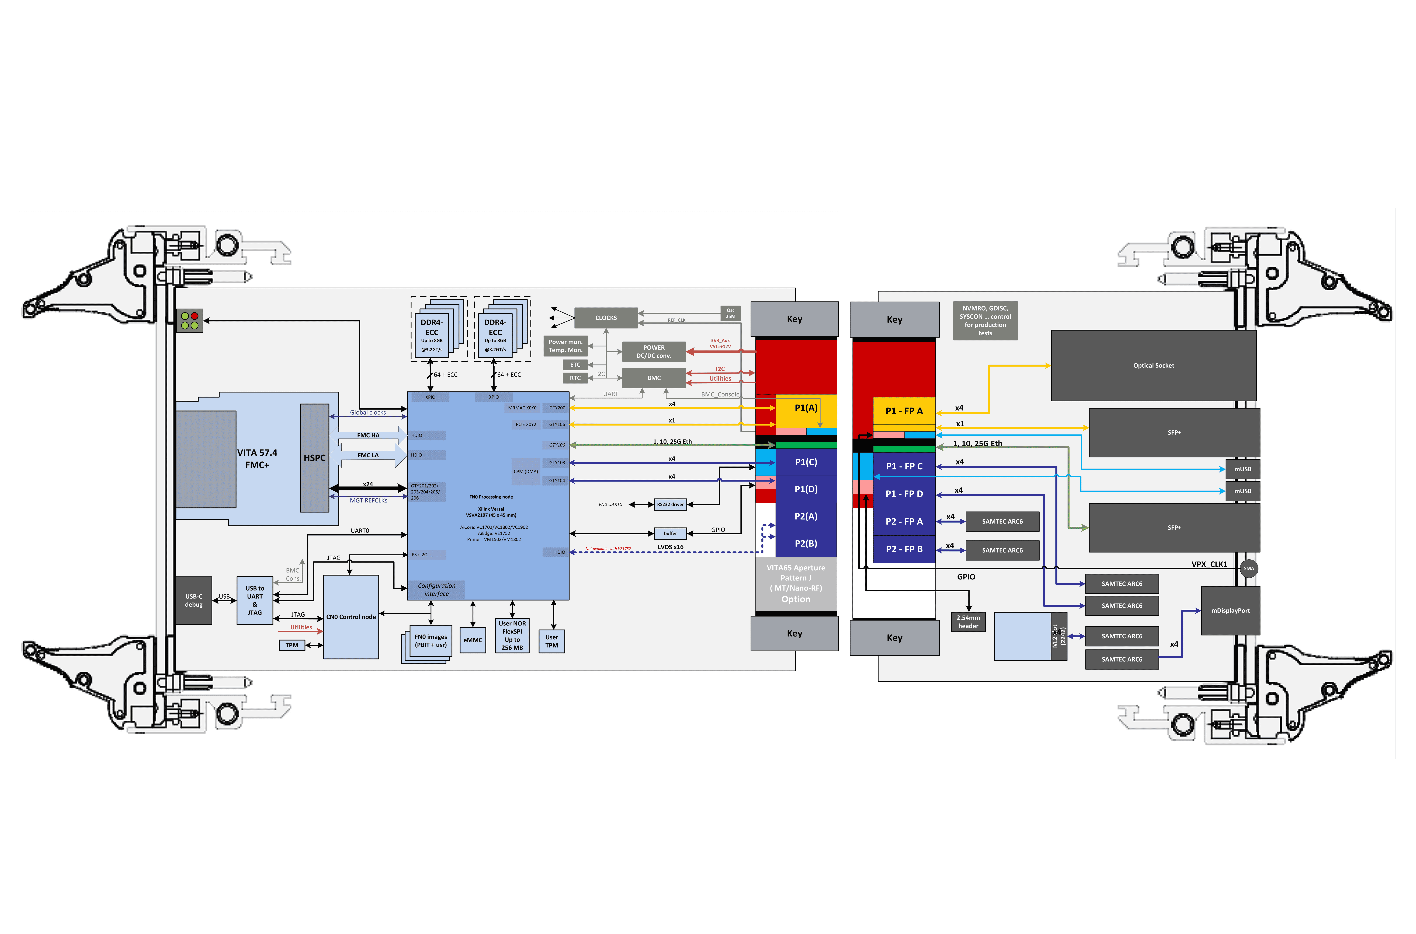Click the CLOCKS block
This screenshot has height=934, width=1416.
[606, 318]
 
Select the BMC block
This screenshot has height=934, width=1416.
[654, 378]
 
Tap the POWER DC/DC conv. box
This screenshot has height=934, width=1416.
[654, 352]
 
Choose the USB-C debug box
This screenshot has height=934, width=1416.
[194, 601]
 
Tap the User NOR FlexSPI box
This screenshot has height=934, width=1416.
[512, 635]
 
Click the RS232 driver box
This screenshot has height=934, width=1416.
[671, 504]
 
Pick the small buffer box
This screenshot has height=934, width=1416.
[671, 533]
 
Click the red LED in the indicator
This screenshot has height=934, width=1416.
[194, 316]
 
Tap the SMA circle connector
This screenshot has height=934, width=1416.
[1248, 568]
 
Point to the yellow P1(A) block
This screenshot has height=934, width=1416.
[806, 408]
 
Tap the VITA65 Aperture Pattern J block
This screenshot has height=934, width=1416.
[796, 584]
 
